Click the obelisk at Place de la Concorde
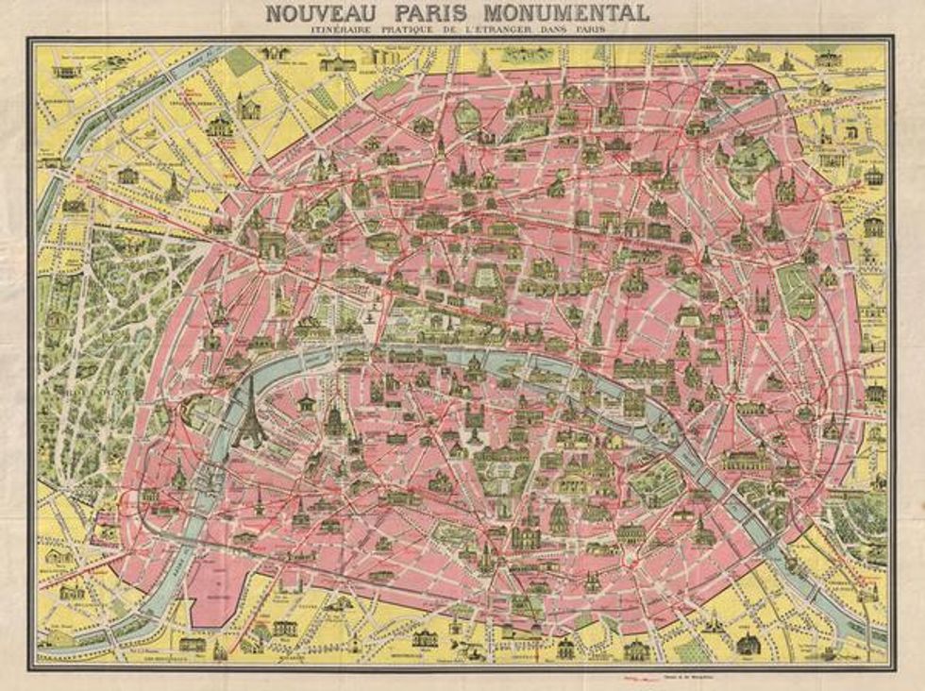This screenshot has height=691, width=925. (377, 312)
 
